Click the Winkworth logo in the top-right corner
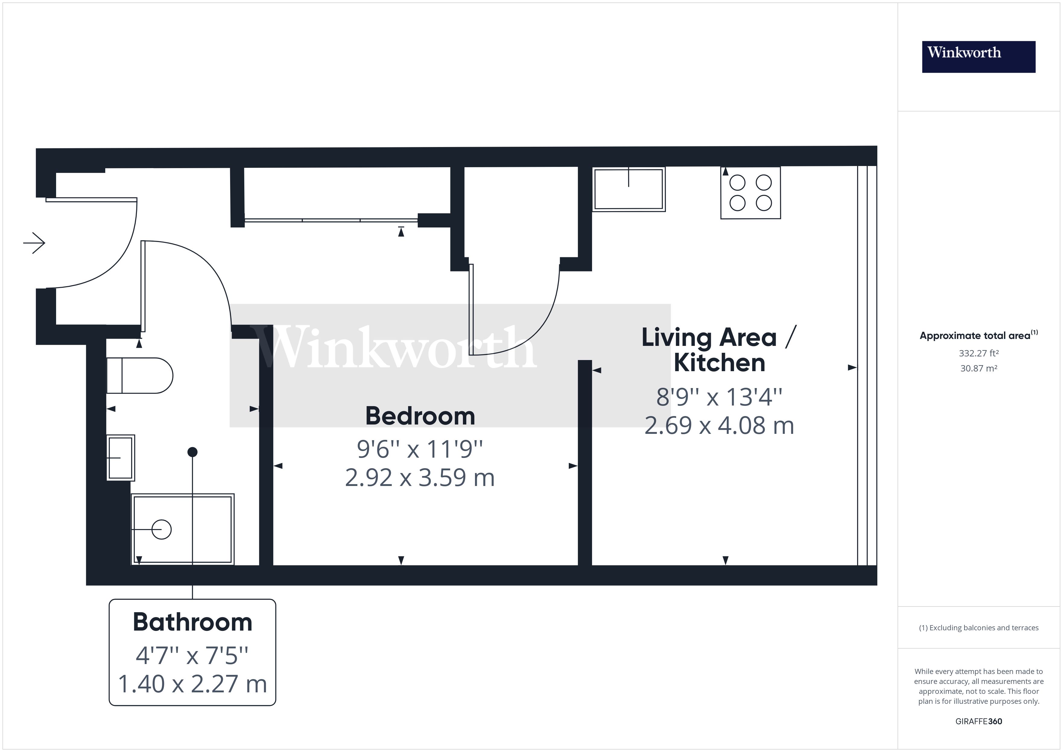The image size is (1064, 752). (978, 57)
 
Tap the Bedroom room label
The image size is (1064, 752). (420, 416)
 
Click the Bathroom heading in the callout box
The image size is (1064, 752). (192, 622)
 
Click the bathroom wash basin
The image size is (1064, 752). (121, 458)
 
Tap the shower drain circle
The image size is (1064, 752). (162, 529)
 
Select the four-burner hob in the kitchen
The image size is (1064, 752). (750, 193)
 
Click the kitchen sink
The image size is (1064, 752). (629, 189)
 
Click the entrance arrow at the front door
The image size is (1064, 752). (34, 243)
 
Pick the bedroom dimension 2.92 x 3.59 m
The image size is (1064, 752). (420, 478)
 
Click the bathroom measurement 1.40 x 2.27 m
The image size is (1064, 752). (192, 684)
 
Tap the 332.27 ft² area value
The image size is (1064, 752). (978, 353)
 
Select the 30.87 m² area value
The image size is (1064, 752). (978, 368)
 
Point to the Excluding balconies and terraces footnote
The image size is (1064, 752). (978, 628)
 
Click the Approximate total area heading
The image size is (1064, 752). (978, 336)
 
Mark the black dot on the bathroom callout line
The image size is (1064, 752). (192, 452)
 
